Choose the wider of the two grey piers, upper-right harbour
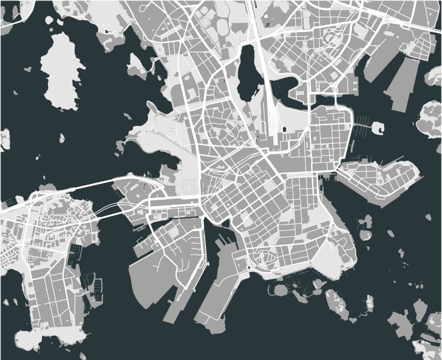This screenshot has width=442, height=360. (x=401, y=83)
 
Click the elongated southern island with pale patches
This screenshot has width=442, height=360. (x=336, y=304)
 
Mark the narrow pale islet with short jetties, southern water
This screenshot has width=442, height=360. (x=370, y=304)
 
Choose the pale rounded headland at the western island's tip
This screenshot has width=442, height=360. (x=50, y=337)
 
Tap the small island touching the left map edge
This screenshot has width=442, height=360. (x=4, y=139)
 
